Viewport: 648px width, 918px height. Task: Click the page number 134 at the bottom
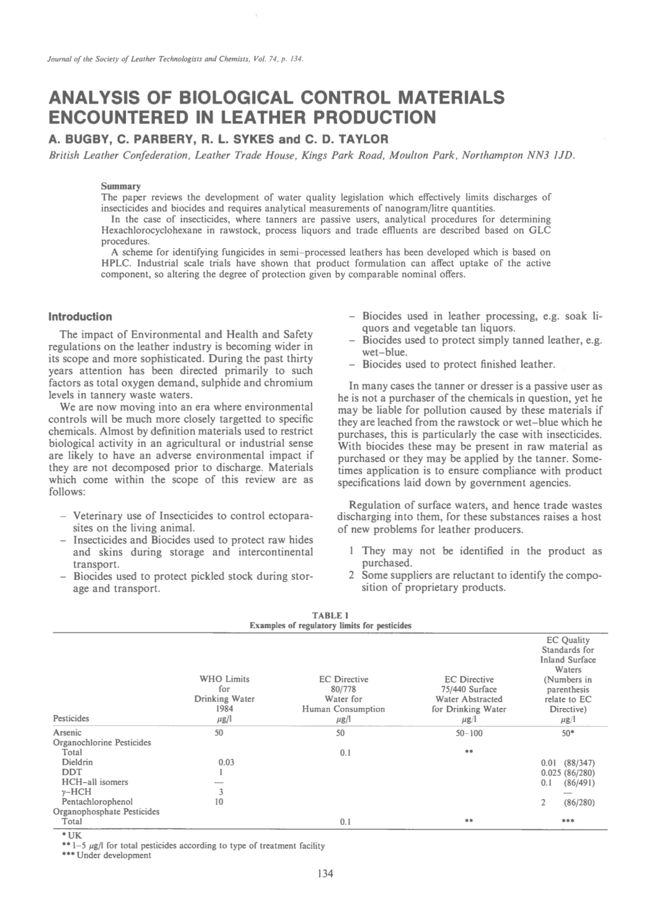coord(325,874)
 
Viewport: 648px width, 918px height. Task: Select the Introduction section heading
coord(80,317)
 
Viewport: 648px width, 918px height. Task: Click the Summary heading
coord(121,186)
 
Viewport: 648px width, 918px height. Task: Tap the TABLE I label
coord(330,616)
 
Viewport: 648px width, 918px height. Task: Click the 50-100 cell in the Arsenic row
coord(469,733)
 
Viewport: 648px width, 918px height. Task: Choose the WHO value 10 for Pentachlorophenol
coord(219,801)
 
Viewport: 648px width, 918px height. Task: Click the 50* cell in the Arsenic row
coord(568,733)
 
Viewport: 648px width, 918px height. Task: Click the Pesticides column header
coord(71,718)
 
